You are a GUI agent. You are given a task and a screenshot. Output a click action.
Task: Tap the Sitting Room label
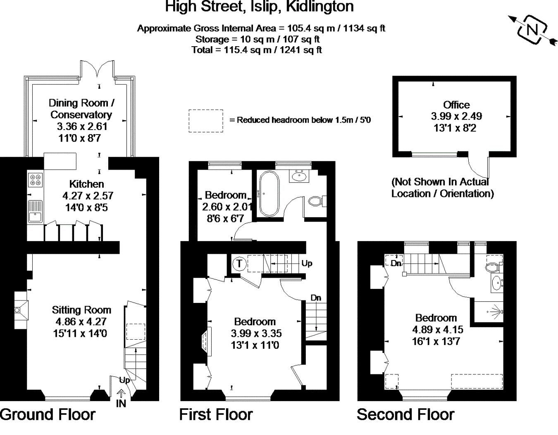point(81,310)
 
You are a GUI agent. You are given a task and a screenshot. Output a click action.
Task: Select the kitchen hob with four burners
point(35,180)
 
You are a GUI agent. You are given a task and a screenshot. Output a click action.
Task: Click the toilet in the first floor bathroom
point(316,201)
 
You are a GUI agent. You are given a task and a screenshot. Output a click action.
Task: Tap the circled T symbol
point(239,263)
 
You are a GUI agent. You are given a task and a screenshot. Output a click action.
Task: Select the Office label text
point(456,105)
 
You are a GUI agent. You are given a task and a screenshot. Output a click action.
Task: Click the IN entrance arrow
point(122,395)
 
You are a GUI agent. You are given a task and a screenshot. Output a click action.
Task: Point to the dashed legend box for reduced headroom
point(206,121)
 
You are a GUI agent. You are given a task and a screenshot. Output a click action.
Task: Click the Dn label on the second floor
point(396,263)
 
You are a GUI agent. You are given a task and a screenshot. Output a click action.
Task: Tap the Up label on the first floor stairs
point(307,263)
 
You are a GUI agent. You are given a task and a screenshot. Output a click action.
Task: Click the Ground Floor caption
point(48,414)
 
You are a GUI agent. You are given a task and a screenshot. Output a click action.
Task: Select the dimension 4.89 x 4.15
point(438,330)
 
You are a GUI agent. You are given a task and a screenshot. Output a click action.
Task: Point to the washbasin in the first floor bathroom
point(300,177)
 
